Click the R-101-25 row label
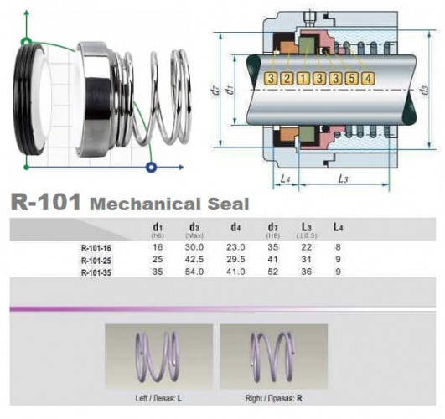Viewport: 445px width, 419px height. (x=97, y=261)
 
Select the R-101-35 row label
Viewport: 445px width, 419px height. (x=97, y=272)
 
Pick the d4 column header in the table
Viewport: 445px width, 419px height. (x=235, y=227)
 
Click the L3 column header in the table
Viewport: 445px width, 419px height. (x=307, y=227)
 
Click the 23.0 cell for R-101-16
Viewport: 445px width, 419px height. (x=235, y=248)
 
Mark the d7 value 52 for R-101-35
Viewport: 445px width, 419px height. (x=273, y=272)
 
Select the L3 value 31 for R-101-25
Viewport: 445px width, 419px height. (x=307, y=261)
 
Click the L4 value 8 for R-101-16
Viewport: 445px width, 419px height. (x=337, y=248)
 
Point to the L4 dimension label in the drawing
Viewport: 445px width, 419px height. (x=286, y=179)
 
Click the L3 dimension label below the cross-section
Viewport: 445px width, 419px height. (x=344, y=179)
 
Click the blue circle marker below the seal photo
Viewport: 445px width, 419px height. (x=152, y=167)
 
